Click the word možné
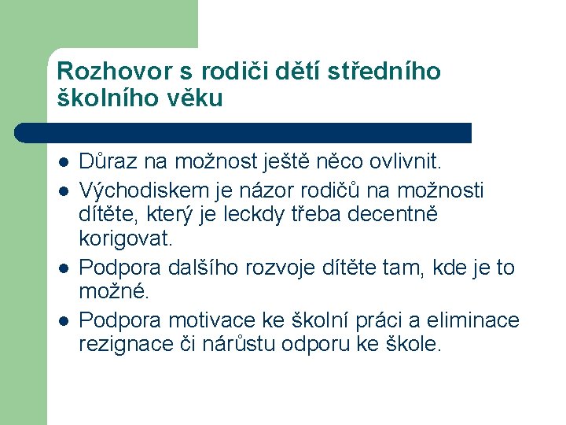[x=112, y=291]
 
